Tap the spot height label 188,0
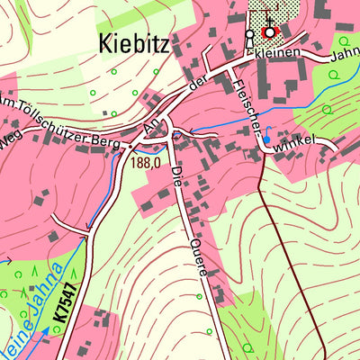pyautogui.click(x=145, y=164)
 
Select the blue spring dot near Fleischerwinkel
pyautogui.click(x=266, y=140)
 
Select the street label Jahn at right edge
pyautogui.click(x=346, y=55)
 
